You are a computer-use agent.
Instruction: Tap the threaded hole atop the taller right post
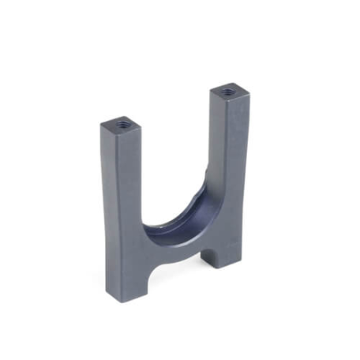tap(228, 92)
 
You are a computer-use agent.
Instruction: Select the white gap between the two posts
tap(178, 158)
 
